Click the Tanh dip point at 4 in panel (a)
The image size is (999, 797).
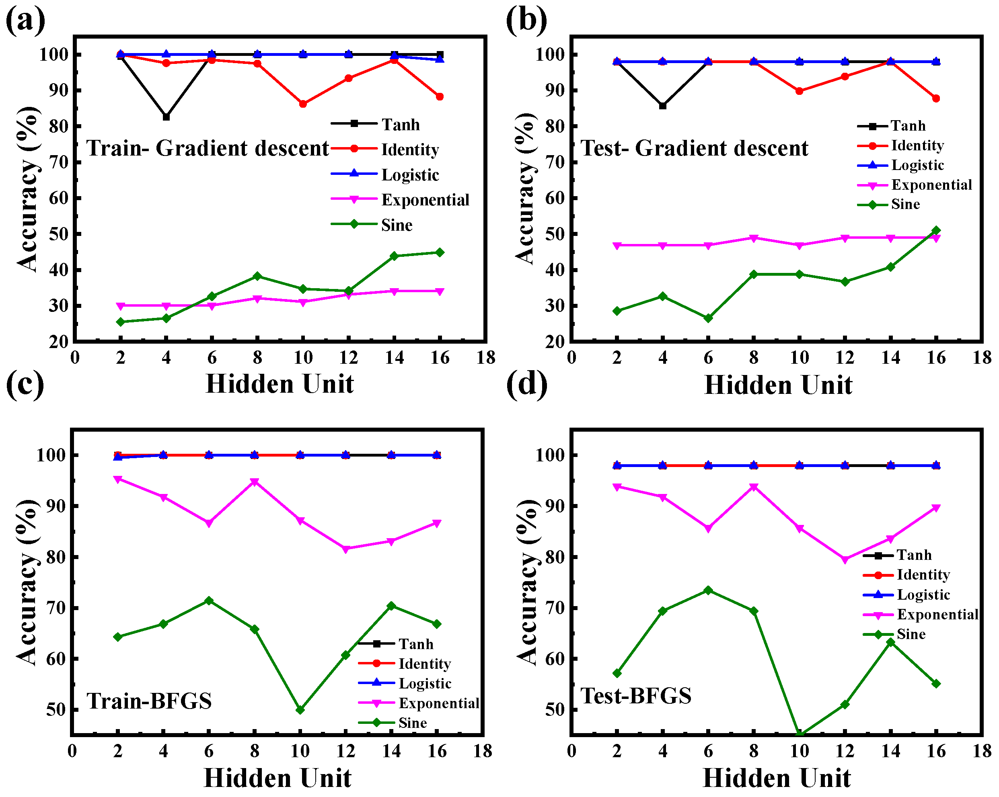pyautogui.click(x=166, y=117)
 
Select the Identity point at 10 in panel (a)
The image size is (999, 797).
pyautogui.click(x=302, y=104)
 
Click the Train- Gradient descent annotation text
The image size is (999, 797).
pyautogui.click(x=208, y=148)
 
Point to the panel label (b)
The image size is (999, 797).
pyautogui.click(x=526, y=20)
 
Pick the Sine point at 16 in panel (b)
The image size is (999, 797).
pyautogui.click(x=935, y=230)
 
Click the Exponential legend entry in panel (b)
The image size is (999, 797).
pyautogui.click(x=931, y=185)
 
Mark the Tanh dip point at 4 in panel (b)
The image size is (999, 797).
pyautogui.click(x=663, y=106)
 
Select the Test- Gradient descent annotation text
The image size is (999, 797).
pyautogui.click(x=694, y=148)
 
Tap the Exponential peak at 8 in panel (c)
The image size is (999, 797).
pyautogui.click(x=255, y=481)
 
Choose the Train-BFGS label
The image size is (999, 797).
pyautogui.click(x=149, y=701)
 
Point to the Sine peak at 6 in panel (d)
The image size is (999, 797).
pyautogui.click(x=708, y=590)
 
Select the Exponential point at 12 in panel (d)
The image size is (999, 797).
pyautogui.click(x=845, y=560)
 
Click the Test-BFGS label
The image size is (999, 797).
pyautogui.click(x=636, y=696)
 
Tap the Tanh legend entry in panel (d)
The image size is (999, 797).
pyautogui.click(x=913, y=555)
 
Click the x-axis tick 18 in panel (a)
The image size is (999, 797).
pyautogui.click(x=485, y=358)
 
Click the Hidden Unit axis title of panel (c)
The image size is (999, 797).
pyautogui.click(x=277, y=778)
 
